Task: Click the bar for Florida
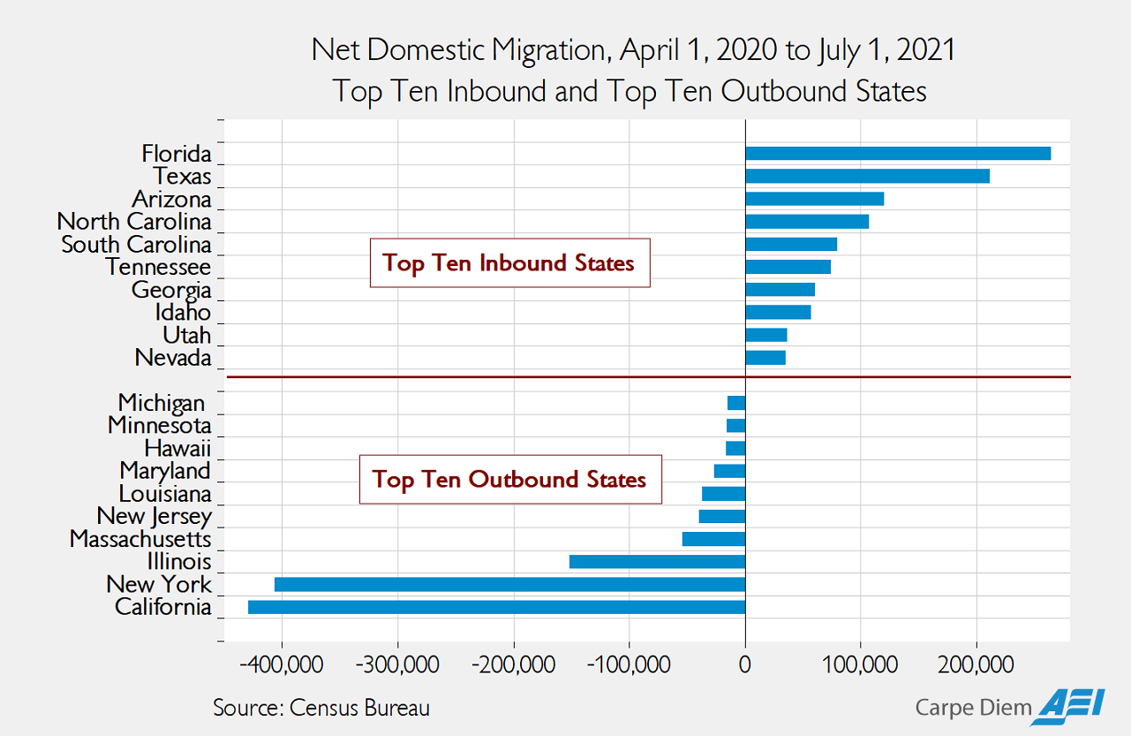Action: (898, 154)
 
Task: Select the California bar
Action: (496, 607)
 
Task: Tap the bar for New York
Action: (509, 584)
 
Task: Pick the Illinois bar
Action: (657, 562)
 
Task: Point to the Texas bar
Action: (867, 176)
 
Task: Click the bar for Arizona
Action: (814, 199)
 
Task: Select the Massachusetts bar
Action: (713, 539)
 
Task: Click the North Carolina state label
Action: (134, 222)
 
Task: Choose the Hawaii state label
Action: (177, 448)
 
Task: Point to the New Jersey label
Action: (154, 516)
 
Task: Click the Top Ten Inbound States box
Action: (509, 263)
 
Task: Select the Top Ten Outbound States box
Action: (510, 480)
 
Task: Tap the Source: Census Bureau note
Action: (321, 708)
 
